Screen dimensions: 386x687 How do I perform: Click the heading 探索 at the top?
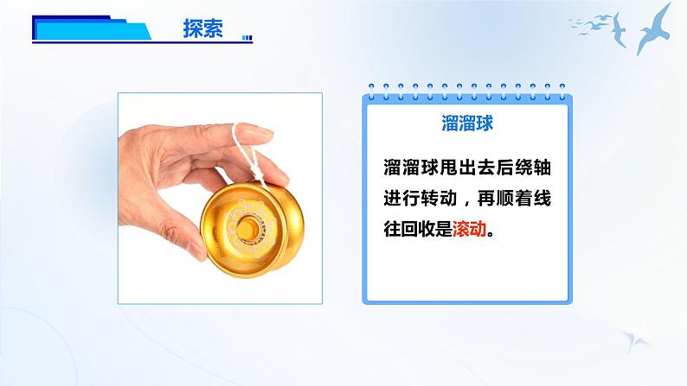(203, 28)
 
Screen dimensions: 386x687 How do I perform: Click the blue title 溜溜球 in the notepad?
(466, 123)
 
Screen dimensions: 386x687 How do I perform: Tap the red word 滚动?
(471, 230)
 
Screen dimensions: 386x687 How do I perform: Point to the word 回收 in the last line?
(418, 230)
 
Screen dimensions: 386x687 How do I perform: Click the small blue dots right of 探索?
(248, 37)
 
